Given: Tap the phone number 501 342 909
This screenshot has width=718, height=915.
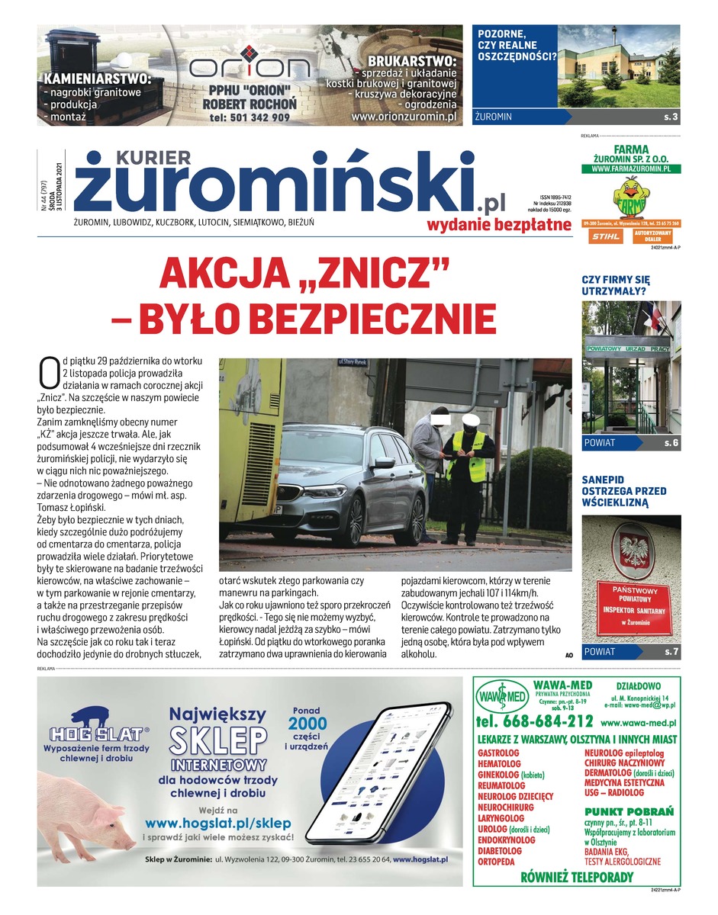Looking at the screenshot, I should pyautogui.click(x=250, y=117).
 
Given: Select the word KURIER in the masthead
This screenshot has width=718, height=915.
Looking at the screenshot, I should pyautogui.click(x=153, y=157).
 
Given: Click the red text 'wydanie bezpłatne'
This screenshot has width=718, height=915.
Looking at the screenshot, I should pyautogui.click(x=498, y=223).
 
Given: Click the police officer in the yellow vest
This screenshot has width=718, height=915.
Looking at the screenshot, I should pyautogui.click(x=472, y=476).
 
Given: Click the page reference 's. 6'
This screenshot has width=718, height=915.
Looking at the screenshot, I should pyautogui.click(x=671, y=442).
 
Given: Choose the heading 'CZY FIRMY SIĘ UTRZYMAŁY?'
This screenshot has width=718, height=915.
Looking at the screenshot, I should pyautogui.click(x=616, y=285).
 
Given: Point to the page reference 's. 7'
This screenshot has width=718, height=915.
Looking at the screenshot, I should pyautogui.click(x=671, y=652).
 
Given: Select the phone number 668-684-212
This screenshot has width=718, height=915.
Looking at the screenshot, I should pyautogui.click(x=533, y=721).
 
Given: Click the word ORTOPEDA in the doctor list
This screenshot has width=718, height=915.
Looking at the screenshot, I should pyautogui.click(x=496, y=862).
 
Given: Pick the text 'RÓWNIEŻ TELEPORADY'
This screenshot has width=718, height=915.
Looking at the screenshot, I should pyautogui.click(x=576, y=877).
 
